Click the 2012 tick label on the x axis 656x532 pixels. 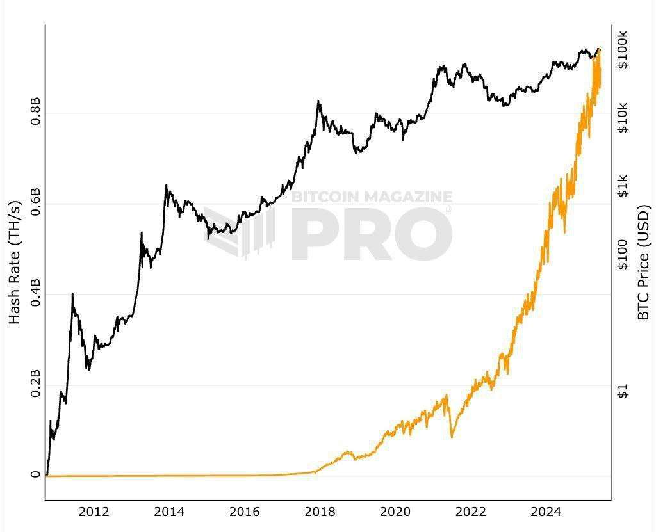tap(94, 512)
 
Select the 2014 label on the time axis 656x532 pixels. tap(169, 512)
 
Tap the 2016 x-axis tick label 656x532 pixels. tap(245, 512)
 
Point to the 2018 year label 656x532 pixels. tap(320, 512)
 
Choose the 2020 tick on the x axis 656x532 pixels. tap(395, 512)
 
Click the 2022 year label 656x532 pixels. tap(471, 512)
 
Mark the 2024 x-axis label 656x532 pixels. tap(546, 512)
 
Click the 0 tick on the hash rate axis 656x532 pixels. tap(35, 476)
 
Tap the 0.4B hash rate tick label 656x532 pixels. tap(35, 293)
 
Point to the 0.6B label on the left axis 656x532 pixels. tap(35, 202)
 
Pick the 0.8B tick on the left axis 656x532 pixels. tap(35, 112)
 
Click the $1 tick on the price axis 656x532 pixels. tap(623, 391)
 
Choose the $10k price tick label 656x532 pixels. tap(623, 118)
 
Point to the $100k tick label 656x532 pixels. tap(623, 49)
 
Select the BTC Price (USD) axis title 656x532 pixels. tap(644, 262)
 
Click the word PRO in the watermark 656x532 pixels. tap(372, 234)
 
